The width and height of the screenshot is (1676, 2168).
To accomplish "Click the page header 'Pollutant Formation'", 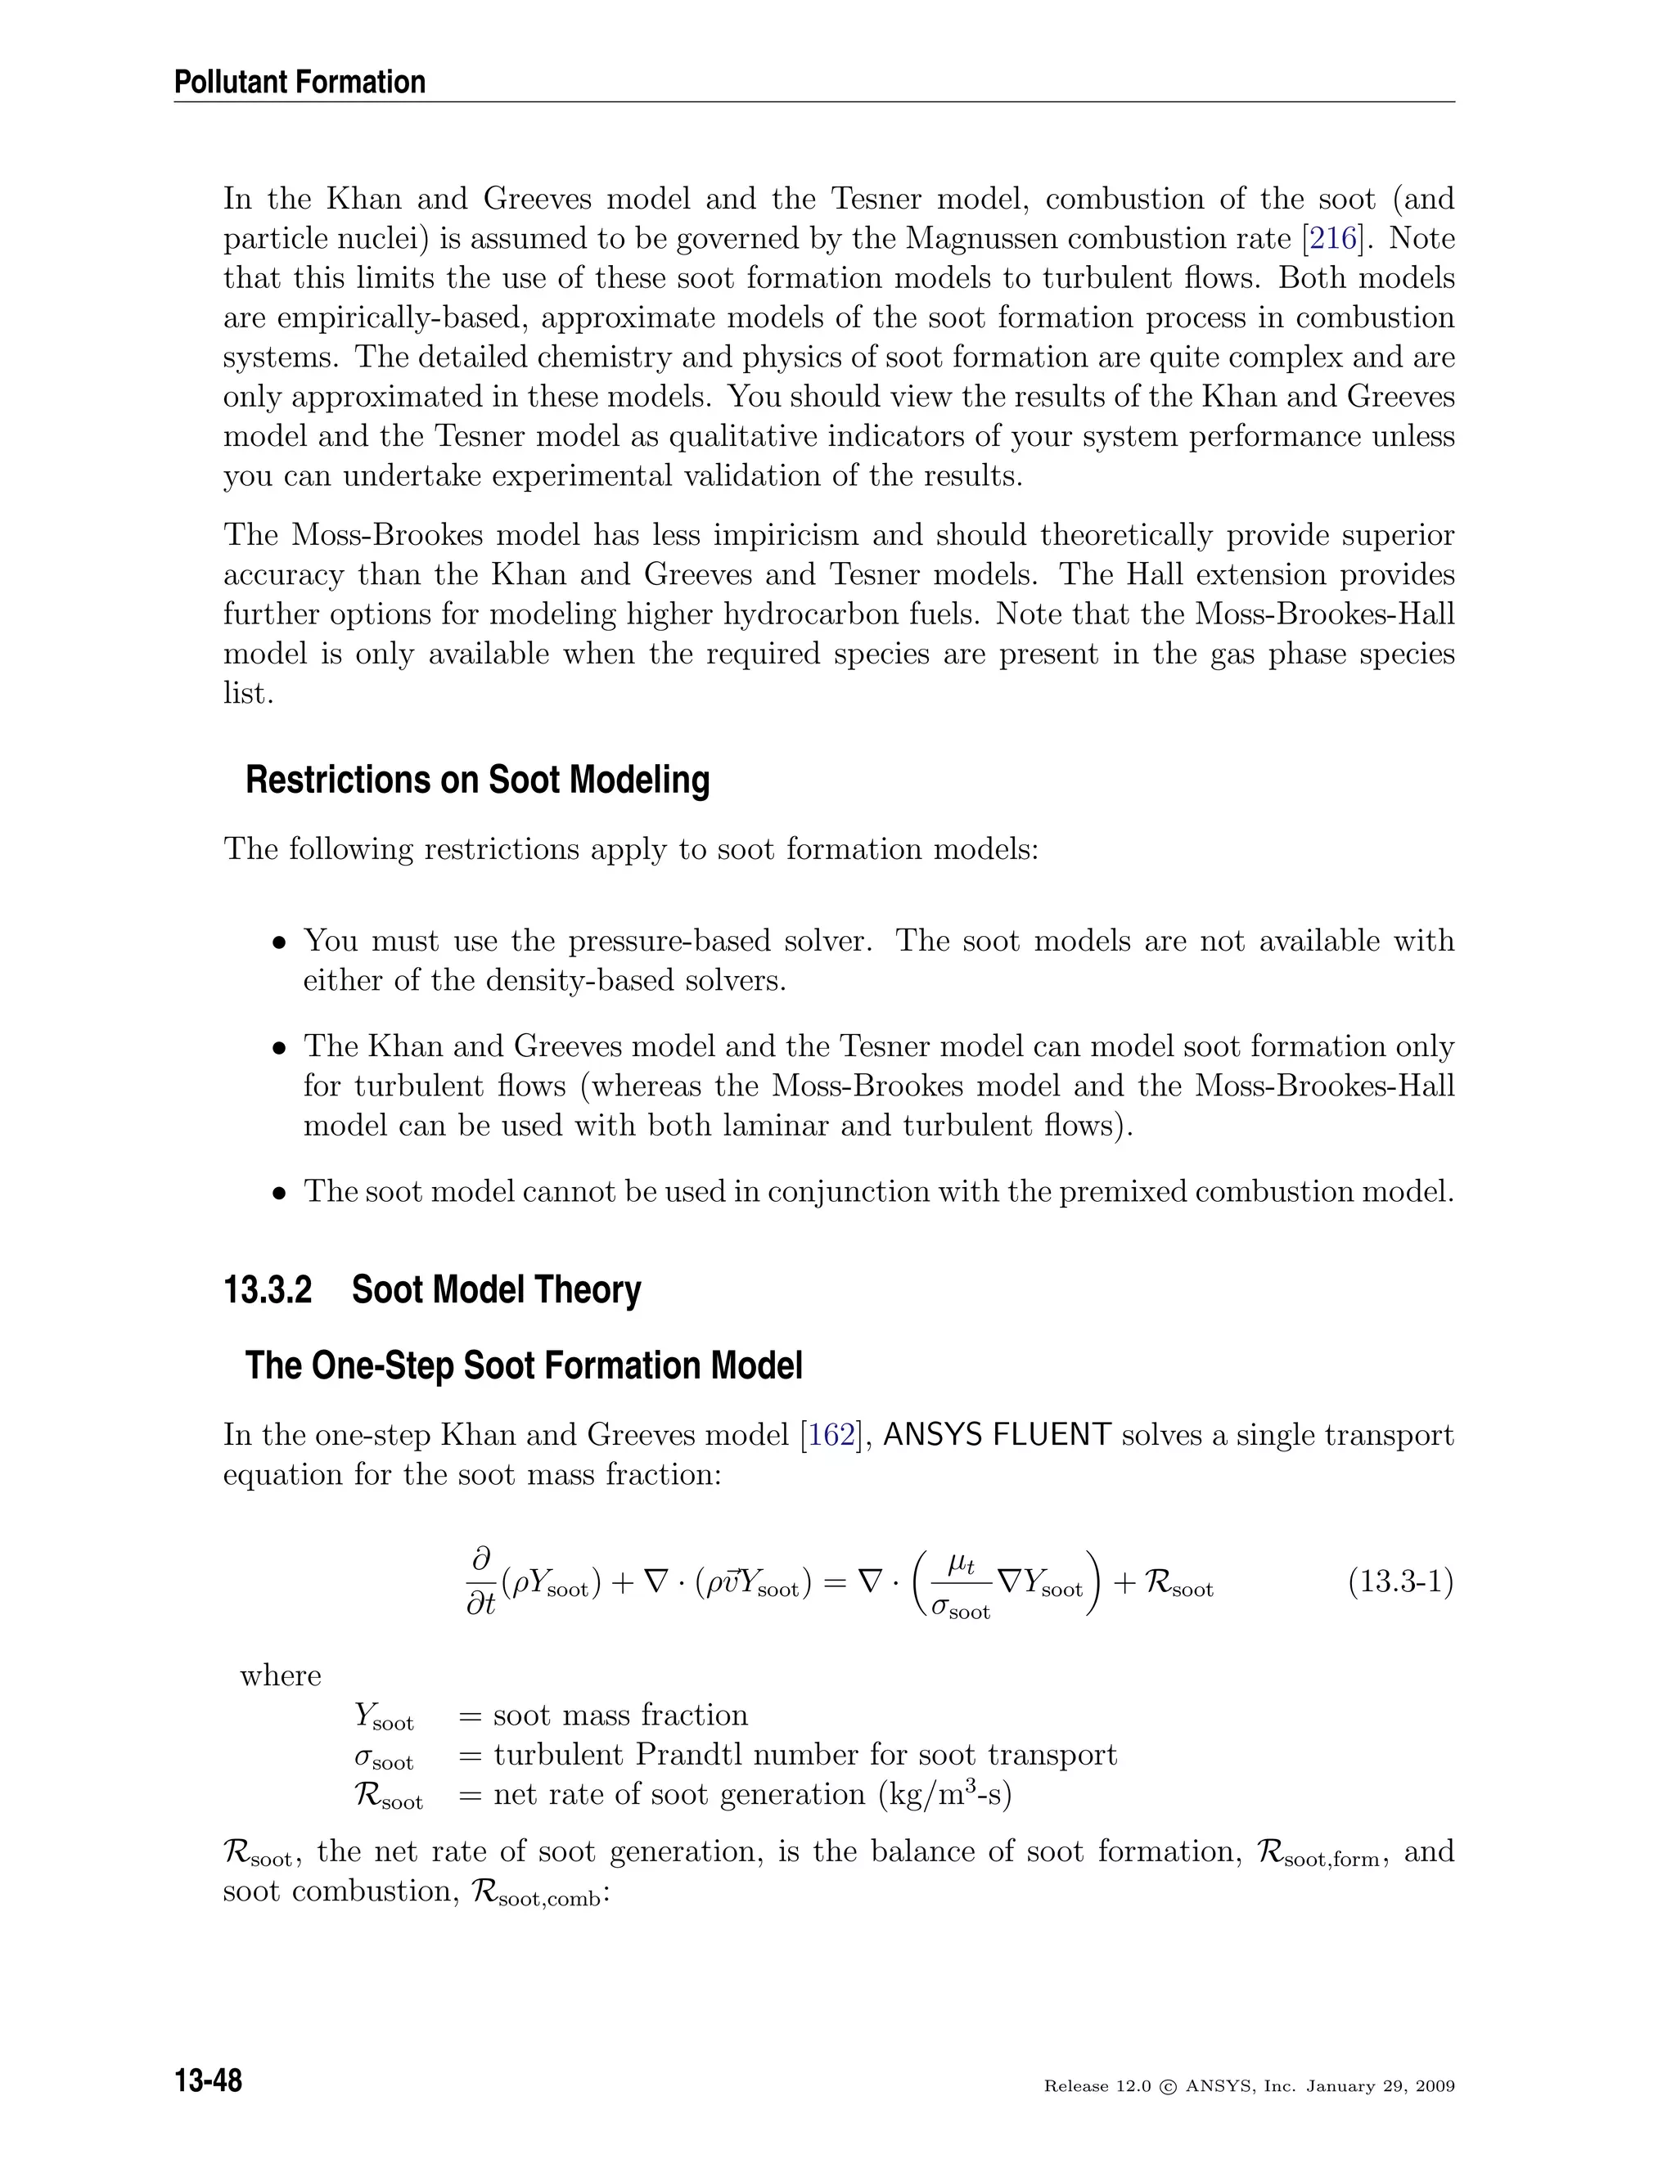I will coord(300,83).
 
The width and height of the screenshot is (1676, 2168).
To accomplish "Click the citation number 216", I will coord(1331,239).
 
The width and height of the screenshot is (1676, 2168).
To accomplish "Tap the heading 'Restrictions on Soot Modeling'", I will coord(478,780).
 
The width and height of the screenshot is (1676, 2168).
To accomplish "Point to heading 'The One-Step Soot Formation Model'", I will coord(523,1366).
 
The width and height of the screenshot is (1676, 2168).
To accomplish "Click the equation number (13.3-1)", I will coord(1400,1581).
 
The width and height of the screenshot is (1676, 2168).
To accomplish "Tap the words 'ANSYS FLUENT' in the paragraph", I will coord(996,1436).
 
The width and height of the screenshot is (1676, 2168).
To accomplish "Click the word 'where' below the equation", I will coord(280,1675).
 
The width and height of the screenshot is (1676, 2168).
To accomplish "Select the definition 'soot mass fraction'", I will coord(619,1716).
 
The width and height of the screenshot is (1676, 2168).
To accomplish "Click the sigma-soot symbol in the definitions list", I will coord(383,1757).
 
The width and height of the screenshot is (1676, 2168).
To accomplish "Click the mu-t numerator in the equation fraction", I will coord(961,1563).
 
